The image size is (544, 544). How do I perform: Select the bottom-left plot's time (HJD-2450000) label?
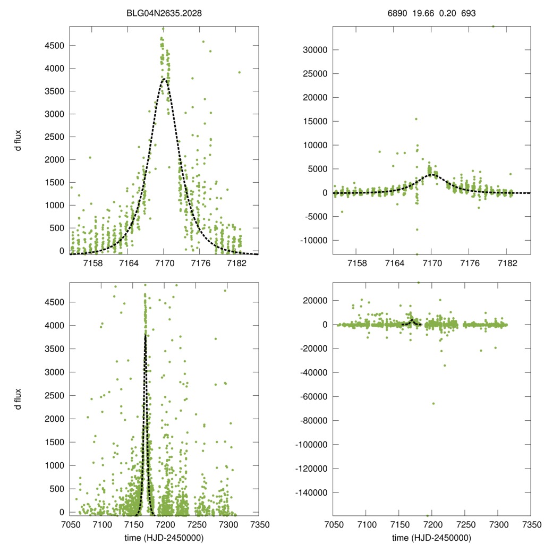[164, 537]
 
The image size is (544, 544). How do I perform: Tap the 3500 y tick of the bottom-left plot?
[53, 348]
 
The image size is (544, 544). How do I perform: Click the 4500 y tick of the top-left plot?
[53, 46]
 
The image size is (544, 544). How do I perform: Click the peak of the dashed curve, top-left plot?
[164, 80]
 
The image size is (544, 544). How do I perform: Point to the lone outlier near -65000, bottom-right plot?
[433, 403]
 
